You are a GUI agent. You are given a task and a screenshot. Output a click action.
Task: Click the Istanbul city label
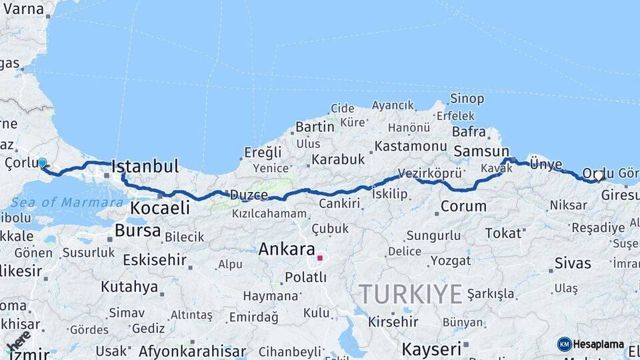tap(145, 166)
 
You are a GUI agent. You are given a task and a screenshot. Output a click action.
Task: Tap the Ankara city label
tap(286, 250)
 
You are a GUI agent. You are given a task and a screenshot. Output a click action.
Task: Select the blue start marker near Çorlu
tap(43, 163)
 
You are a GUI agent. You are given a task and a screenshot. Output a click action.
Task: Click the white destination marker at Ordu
tap(599, 176)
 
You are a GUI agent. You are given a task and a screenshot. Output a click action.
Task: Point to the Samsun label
tap(481, 152)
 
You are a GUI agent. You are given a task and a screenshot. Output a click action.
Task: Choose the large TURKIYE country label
tap(411, 294)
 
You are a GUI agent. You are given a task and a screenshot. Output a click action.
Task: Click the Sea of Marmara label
tap(58, 202)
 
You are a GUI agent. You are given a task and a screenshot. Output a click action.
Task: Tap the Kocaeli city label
tap(160, 208)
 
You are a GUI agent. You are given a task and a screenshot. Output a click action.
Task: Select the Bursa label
tap(137, 231)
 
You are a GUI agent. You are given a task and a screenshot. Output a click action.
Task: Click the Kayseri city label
tap(431, 349)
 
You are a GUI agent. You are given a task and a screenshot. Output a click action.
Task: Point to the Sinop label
tap(467, 99)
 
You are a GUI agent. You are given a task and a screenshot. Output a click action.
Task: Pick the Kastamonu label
tap(410, 146)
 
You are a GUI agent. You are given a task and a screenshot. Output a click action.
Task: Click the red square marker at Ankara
tap(320, 258)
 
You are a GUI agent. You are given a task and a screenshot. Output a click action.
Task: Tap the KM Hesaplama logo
tap(591, 344)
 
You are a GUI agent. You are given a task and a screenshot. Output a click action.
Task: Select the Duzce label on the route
tap(249, 195)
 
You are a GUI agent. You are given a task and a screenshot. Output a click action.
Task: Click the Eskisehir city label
tap(155, 260)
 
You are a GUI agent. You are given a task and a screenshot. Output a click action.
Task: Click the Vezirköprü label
tap(430, 173)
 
